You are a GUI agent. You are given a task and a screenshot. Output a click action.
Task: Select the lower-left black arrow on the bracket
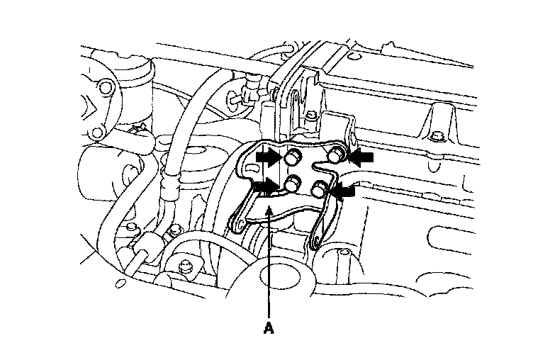266,186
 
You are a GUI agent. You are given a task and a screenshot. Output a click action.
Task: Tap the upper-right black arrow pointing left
360,157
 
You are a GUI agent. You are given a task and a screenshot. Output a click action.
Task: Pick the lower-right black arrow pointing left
346,190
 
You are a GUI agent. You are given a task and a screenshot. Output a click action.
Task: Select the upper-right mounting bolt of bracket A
337,154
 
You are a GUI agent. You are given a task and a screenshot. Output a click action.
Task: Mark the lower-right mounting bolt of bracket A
320,189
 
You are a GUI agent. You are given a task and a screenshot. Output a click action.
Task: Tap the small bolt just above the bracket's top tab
312,114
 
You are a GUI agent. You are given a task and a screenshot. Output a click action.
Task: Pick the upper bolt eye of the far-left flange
108,89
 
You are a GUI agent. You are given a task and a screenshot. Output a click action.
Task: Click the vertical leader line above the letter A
268,269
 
